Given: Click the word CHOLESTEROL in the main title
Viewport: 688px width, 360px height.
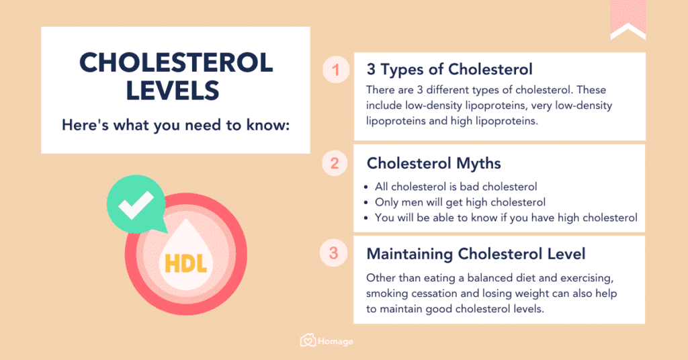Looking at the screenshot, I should [x=176, y=63].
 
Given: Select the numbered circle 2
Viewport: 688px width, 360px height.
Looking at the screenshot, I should [x=334, y=163].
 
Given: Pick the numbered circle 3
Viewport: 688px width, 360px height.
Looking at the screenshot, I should [x=334, y=254].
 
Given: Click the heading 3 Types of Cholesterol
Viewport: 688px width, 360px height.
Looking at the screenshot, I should [x=449, y=70].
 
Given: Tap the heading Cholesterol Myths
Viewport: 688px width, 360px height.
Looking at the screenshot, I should [x=433, y=163].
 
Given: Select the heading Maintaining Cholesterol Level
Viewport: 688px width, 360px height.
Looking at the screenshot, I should [x=476, y=254].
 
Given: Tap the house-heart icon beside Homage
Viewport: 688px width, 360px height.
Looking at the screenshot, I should [x=308, y=341].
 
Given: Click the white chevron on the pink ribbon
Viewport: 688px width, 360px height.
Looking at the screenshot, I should [x=628, y=30].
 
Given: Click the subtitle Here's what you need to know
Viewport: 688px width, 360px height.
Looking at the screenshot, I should [x=176, y=125].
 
